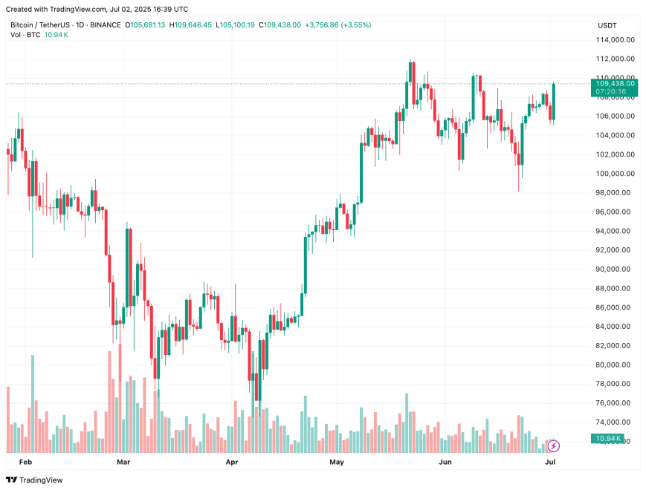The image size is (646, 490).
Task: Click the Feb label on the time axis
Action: tap(25, 462)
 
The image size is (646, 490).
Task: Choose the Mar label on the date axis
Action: tap(123, 462)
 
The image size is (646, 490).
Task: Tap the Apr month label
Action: tap(231, 462)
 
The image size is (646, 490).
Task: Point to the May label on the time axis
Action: tap(337, 462)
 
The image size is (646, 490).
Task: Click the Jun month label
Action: tap(445, 462)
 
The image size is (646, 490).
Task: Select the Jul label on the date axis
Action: tap(551, 462)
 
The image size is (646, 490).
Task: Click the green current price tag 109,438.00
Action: tap(615, 84)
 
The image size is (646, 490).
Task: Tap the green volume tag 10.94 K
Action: tap(608, 439)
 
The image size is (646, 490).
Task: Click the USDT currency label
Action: tap(607, 25)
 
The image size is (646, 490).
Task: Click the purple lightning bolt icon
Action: tap(553, 446)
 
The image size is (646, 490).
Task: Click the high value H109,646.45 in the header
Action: tap(191, 24)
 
